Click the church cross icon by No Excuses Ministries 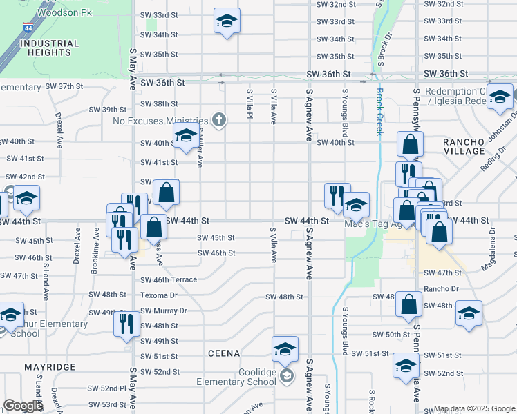219,121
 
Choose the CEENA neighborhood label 224,353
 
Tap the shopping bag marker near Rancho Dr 409,304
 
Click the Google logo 23,406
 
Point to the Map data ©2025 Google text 473,408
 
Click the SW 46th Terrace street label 169,280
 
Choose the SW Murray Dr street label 164,310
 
